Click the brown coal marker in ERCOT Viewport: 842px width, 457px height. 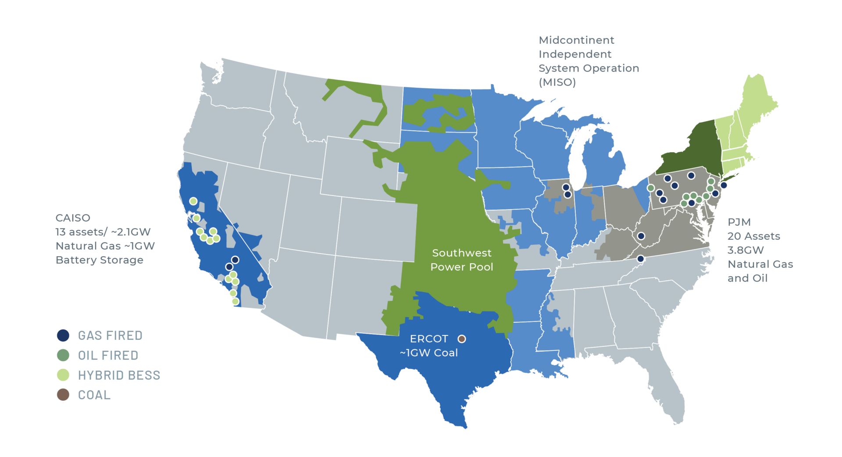[x=461, y=339]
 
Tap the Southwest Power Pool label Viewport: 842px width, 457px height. [x=462, y=260]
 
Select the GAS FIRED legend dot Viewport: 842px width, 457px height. [x=63, y=336]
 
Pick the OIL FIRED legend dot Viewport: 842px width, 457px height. [x=63, y=355]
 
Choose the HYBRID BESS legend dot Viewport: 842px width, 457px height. [x=63, y=375]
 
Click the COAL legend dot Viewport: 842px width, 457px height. [x=63, y=395]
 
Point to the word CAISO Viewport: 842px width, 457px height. [x=73, y=218]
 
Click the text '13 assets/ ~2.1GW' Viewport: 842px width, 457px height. [x=103, y=232]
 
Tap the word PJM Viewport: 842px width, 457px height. [x=739, y=222]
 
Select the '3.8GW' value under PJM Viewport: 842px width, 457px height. [x=746, y=250]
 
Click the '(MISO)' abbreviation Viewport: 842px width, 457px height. [x=557, y=82]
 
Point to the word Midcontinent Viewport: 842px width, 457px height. [x=576, y=40]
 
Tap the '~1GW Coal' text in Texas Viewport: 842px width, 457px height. [x=428, y=353]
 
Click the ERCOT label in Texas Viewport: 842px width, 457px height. [x=428, y=339]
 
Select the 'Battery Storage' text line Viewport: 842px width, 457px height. [x=100, y=260]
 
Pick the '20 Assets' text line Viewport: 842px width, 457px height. [x=753, y=236]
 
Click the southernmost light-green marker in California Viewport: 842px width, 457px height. [x=235, y=301]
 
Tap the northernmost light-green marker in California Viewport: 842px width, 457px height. [x=193, y=201]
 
